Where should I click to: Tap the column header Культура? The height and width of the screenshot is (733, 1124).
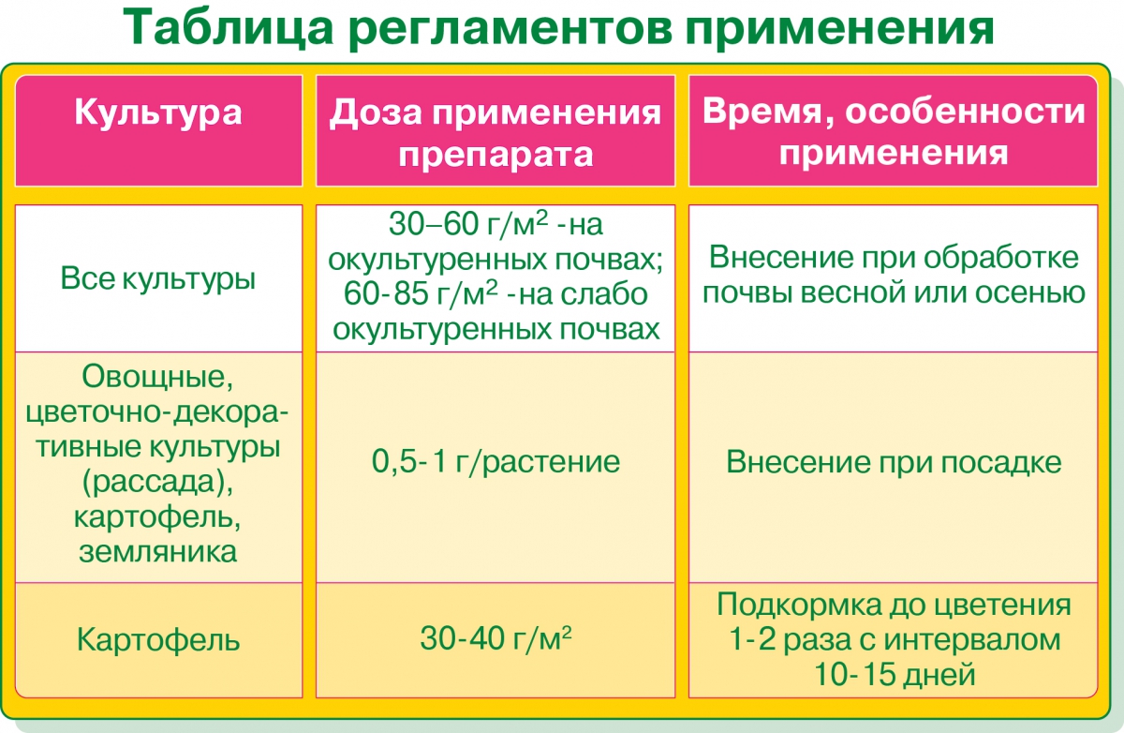tap(158, 112)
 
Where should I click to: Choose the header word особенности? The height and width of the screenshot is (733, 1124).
tap(965, 112)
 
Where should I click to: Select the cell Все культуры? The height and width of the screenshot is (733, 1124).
tap(158, 277)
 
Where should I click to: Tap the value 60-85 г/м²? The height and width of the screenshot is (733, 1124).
tap(421, 293)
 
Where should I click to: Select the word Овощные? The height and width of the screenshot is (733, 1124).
tap(157, 377)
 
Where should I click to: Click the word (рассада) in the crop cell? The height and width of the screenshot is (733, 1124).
tap(157, 483)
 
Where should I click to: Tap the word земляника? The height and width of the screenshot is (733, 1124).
tap(157, 552)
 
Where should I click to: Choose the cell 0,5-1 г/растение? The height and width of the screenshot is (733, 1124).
tap(495, 461)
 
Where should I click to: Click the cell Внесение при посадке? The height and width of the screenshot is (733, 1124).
tap(894, 461)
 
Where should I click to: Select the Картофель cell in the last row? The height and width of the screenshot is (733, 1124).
tap(158, 640)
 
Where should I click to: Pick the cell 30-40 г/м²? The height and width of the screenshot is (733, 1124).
tap(495, 638)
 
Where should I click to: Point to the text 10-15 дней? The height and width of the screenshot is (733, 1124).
tap(895, 674)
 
